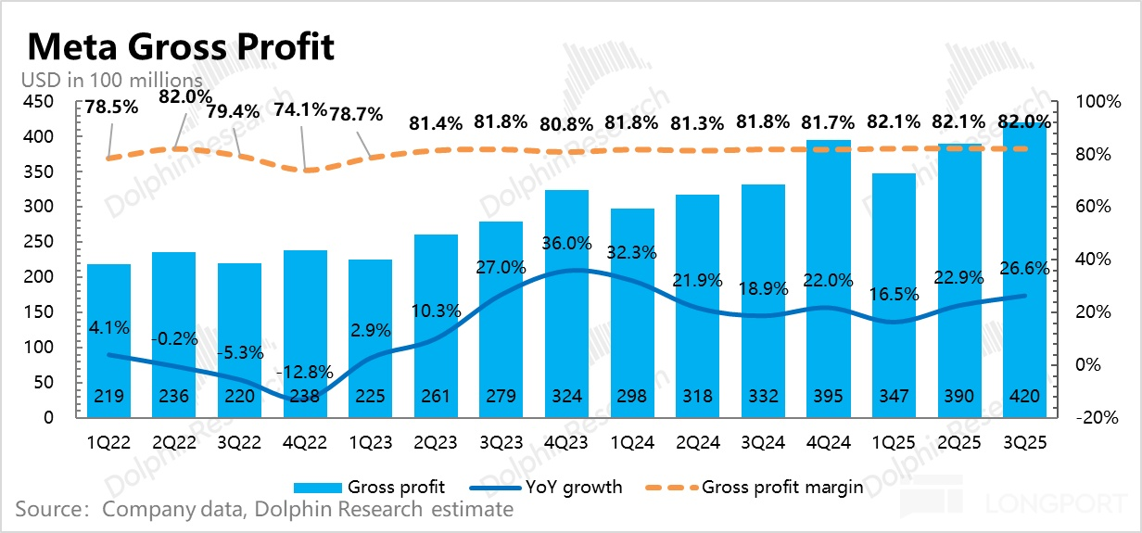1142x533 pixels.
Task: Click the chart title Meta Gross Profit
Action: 181,46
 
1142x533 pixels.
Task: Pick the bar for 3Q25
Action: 1024,269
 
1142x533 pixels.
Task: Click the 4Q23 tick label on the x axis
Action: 566,443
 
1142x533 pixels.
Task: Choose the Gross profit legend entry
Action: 396,487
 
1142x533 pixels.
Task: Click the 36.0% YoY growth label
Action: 567,244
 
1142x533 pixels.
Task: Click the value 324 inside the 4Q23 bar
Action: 566,397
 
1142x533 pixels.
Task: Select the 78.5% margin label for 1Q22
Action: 111,106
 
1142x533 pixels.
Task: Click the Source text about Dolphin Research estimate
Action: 264,509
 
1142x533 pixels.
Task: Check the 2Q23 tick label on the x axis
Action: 436,443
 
